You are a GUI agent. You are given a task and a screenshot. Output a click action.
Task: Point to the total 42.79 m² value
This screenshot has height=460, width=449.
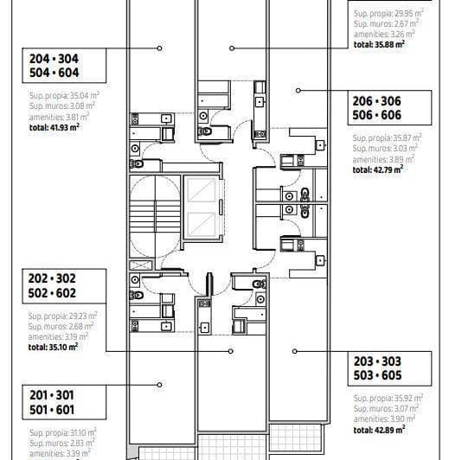[378, 169]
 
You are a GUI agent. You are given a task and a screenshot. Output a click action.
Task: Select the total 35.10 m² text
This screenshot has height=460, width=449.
[54, 346]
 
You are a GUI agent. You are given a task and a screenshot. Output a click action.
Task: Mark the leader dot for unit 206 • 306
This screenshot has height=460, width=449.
[298, 89]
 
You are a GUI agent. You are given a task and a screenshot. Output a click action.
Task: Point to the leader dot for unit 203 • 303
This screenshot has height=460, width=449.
[294, 351]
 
